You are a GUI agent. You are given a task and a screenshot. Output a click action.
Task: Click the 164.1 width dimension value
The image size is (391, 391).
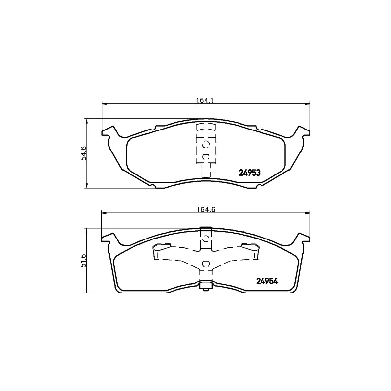click(x=206, y=100)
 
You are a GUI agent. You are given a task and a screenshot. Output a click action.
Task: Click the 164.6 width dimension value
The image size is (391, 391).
click(x=206, y=210)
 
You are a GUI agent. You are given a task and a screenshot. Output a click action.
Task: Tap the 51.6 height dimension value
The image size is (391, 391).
click(x=83, y=261)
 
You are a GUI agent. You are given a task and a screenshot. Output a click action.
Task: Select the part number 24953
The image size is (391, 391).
click(x=249, y=173)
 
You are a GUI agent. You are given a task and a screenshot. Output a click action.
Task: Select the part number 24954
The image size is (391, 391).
click(x=267, y=282)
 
